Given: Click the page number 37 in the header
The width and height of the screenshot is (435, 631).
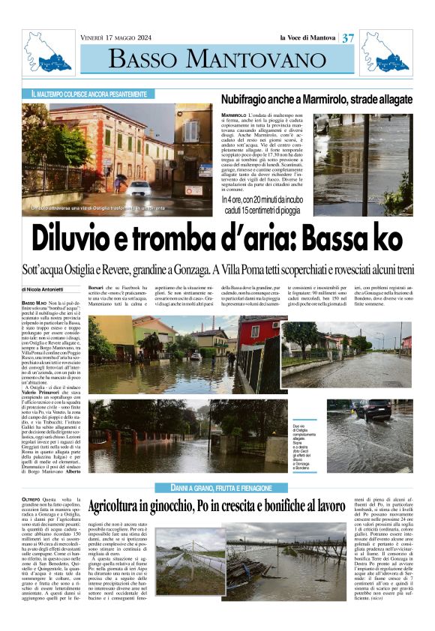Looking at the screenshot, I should [x=348, y=38].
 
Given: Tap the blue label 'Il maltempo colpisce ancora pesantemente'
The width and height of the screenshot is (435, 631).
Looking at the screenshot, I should [x=89, y=95].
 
